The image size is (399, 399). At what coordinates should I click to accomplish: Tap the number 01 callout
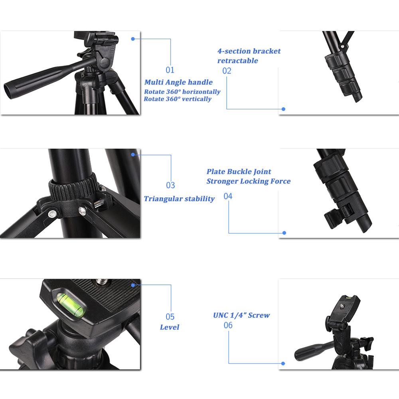170,70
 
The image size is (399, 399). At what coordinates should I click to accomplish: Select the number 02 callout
227,71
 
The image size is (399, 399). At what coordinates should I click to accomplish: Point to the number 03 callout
170,185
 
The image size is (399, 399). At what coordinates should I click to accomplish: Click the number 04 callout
228,196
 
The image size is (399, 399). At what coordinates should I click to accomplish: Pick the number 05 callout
170,317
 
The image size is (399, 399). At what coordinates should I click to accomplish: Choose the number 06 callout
228,325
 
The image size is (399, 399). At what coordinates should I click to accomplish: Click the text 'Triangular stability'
179,199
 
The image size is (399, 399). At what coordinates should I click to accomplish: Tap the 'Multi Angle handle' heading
178,82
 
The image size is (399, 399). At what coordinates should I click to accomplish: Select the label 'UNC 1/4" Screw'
241,315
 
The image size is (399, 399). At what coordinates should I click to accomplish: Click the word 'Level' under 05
170,327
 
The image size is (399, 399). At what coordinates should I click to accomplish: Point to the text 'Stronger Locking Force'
248,181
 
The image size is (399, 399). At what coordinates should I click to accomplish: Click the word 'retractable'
237,61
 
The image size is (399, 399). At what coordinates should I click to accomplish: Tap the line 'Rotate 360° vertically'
178,99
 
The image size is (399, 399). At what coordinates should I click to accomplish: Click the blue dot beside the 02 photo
283,109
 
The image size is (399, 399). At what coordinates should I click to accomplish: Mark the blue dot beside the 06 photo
283,363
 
